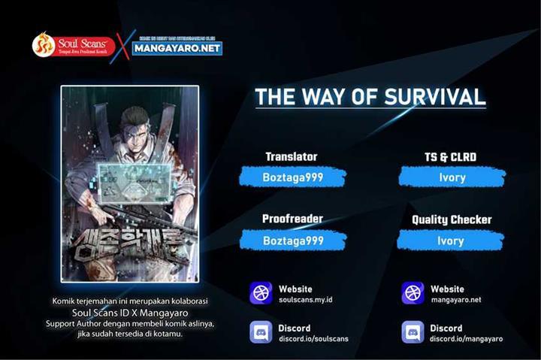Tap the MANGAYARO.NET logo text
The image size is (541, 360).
point(178,48)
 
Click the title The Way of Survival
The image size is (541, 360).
point(370,98)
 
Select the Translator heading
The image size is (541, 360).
point(291,157)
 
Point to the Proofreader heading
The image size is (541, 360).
point(292,219)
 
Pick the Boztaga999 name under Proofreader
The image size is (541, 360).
point(292,241)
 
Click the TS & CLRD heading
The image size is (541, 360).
point(451,157)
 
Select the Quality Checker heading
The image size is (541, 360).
point(452,219)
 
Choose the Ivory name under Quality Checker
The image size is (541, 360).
point(451,241)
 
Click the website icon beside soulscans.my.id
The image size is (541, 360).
point(261,293)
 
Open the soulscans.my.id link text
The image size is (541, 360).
point(306,300)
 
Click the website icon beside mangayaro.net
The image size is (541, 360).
point(413,293)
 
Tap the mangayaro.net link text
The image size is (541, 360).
point(455,300)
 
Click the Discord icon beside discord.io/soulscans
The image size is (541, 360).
point(261,332)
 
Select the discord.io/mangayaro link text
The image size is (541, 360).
point(467,339)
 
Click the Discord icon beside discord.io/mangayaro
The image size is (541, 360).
point(413,332)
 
